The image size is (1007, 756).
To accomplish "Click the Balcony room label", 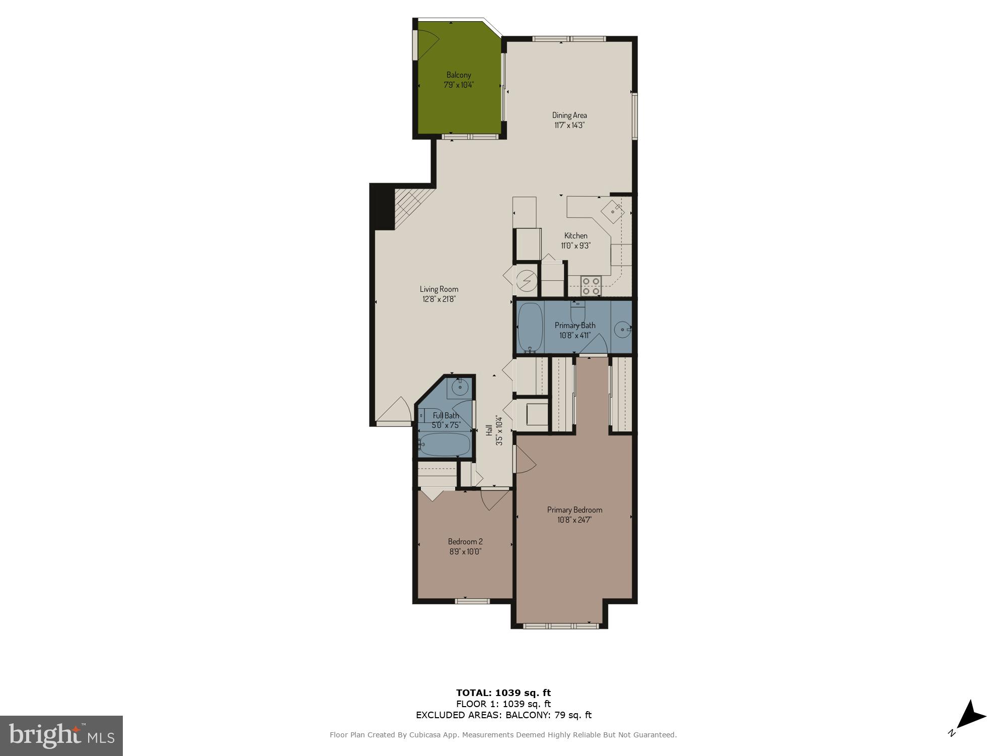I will click(458, 75).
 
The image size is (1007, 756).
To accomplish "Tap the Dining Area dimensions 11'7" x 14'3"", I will click(569, 125).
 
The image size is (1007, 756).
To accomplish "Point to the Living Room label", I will click(439, 289).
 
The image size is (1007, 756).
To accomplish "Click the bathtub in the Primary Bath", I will click(530, 327).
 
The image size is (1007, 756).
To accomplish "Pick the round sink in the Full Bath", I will click(460, 387).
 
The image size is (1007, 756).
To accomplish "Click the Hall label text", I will click(488, 430).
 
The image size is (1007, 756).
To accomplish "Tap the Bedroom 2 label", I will click(465, 541).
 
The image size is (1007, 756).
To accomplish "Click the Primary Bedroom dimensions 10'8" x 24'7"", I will click(574, 520).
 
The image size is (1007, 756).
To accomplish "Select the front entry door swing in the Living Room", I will click(395, 411).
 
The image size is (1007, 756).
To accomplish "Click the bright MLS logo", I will click(61, 736).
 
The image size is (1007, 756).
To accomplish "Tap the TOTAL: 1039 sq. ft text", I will click(503, 692).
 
